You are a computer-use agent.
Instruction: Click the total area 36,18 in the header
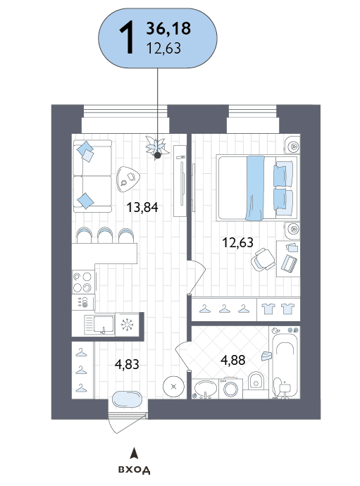pos(168,28)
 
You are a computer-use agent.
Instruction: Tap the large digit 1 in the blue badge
pos(127,38)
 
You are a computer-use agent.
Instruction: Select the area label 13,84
pos(142,207)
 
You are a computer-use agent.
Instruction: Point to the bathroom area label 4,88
pos(233,360)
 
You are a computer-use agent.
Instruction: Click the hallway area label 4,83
pos(127,364)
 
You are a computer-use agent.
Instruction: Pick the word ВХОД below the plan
pos(135,470)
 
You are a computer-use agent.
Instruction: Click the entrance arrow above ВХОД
pos(134,453)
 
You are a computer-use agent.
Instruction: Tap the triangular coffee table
pos(128,179)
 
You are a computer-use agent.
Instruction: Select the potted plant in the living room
pos(157,147)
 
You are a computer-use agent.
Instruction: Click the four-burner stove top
pos(83,282)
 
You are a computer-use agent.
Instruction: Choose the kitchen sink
pos(99,325)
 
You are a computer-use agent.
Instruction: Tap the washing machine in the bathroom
pos(230,388)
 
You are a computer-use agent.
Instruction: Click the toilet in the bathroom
pos(256,380)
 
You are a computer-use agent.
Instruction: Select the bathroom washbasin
pos(205,388)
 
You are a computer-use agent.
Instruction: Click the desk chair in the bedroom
pos(263,259)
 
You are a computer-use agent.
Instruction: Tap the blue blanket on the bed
pos(255,188)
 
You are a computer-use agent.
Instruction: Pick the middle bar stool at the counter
pos(105,235)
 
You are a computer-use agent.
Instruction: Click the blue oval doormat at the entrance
pos(127,400)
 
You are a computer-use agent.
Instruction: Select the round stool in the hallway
pos(173,386)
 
